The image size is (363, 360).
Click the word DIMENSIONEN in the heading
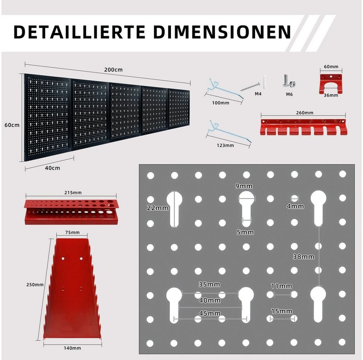(222, 32)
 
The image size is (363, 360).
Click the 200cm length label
(113, 70)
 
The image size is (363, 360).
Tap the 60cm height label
(12, 125)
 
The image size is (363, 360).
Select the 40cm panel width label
(52, 168)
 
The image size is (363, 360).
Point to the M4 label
(258, 94)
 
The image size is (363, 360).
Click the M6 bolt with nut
(288, 81)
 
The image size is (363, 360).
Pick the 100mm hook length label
(220, 103)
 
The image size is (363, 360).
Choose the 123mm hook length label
(225, 145)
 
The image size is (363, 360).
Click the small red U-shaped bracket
(331, 84)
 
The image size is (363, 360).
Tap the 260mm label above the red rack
(304, 113)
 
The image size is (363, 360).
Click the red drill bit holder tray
(71, 212)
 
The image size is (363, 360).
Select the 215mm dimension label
(73, 193)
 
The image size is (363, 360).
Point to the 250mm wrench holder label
(35, 285)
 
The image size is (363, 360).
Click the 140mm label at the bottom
(72, 348)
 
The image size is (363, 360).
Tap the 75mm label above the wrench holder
(72, 232)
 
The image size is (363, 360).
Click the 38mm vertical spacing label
(303, 257)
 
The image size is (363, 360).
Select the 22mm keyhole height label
(157, 208)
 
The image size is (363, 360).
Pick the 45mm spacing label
(210, 313)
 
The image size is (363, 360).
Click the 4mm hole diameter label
(295, 206)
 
